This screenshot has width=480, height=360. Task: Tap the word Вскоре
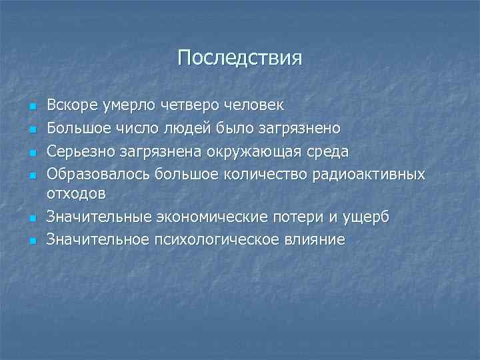coord(71,105)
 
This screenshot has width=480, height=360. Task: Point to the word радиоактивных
coord(370,174)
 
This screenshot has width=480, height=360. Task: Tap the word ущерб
coord(367,217)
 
